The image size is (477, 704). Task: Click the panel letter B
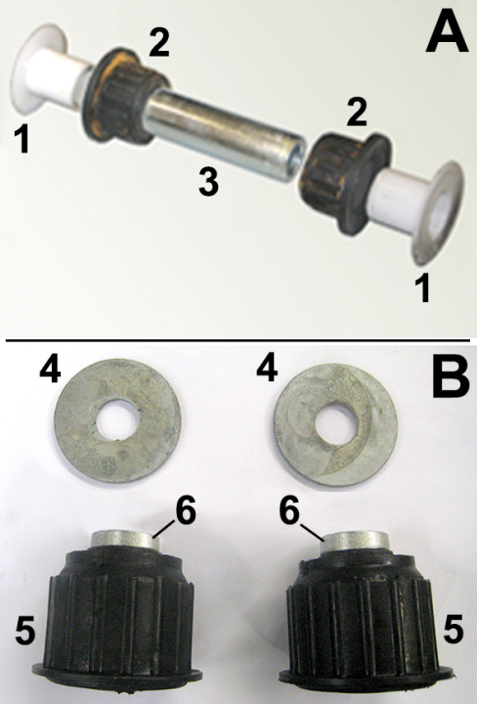click(451, 378)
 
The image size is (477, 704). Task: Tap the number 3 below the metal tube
click(208, 181)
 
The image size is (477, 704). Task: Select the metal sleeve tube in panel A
click(223, 133)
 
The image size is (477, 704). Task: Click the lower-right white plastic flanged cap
click(418, 209)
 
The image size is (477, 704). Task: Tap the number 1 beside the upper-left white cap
click(22, 139)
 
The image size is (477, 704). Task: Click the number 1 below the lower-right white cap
click(422, 287)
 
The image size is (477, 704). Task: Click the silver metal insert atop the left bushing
click(126, 539)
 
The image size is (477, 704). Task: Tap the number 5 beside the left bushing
click(24, 630)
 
